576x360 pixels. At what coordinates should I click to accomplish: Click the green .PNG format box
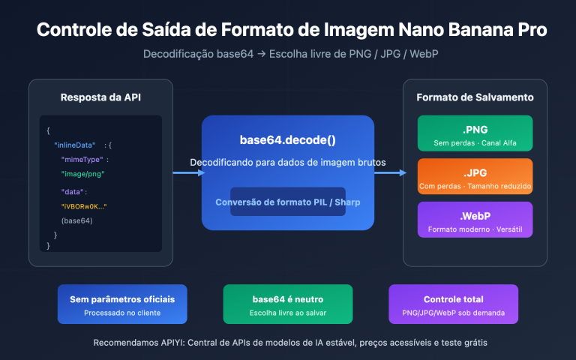point(475,133)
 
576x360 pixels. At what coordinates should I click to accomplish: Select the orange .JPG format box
point(475,176)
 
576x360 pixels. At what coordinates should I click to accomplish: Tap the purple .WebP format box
point(475,220)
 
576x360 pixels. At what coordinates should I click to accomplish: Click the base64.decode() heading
point(287,140)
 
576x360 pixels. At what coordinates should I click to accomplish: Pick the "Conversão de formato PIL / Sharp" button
point(287,202)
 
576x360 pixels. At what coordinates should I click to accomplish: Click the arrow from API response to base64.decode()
point(187,172)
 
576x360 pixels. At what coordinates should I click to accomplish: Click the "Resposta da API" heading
point(100,98)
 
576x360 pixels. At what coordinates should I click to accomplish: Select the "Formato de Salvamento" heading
point(475,97)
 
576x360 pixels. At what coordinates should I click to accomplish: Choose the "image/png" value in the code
point(82,174)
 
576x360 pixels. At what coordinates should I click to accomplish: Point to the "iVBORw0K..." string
point(83,205)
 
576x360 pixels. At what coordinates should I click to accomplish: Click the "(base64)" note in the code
point(76,220)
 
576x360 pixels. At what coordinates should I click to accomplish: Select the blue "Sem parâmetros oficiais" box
point(122,304)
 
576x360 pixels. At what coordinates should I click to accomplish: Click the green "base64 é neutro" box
point(287,304)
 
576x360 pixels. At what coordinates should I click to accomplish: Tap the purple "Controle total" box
point(453,304)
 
